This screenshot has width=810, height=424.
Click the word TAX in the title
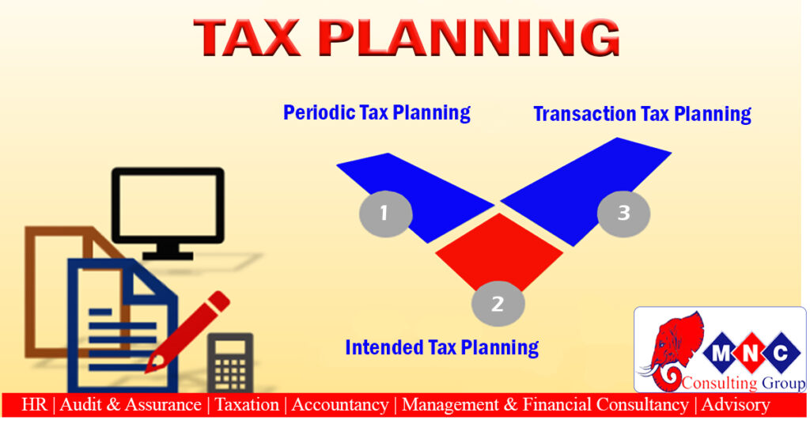point(247,38)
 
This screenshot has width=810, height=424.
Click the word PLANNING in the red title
point(469,38)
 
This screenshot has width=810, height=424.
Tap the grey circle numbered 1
point(385,214)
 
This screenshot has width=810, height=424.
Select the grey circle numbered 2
point(498,304)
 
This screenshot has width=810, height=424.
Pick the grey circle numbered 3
point(623,214)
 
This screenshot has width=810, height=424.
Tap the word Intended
point(384,347)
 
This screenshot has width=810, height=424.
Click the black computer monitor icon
point(168,212)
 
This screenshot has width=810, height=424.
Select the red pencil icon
point(187,331)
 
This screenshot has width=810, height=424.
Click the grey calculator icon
point(230,362)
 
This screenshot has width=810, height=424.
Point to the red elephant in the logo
point(672,351)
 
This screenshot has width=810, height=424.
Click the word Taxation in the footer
point(247,404)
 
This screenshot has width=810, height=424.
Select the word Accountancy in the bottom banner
point(340,405)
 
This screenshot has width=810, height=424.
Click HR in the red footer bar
point(35,404)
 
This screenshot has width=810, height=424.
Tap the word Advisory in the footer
point(736,405)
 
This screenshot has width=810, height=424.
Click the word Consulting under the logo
point(719,383)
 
